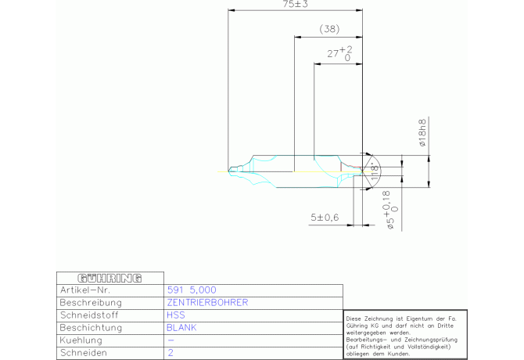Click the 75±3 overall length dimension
tap(295, 5)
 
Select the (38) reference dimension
tap(329, 29)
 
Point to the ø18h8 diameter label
tap(422, 133)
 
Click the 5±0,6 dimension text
tap(325, 217)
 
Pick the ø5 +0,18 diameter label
tap(393, 214)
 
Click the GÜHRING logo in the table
tap(109, 277)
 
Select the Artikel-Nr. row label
tap(83, 290)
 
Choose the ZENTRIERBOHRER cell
tap(207, 302)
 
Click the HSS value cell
tap(176, 315)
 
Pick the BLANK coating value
tap(181, 327)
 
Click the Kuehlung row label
tap(82, 340)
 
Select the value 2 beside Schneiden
tap(170, 353)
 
